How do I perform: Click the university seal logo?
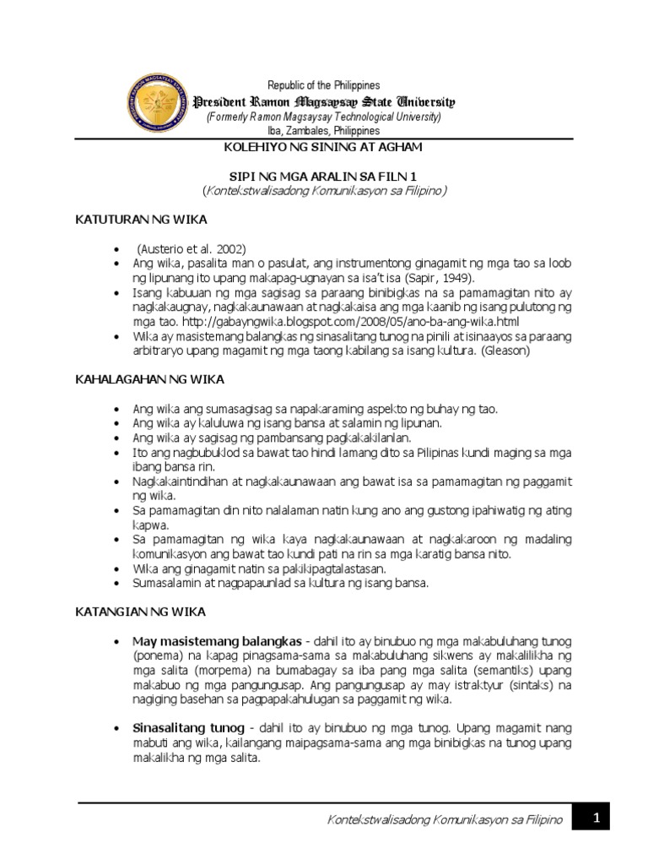pyautogui.click(x=157, y=103)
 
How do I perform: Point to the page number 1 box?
pyautogui.click(x=595, y=819)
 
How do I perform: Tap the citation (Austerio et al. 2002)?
pyautogui.click(x=192, y=249)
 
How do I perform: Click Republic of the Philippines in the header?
pyautogui.click(x=324, y=85)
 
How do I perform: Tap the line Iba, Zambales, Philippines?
pyautogui.click(x=324, y=131)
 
